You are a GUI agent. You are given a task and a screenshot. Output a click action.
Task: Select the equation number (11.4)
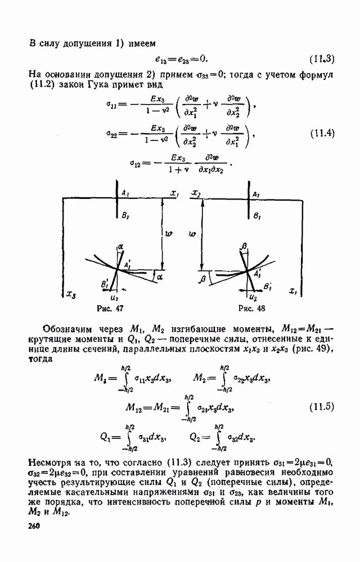(x=322, y=134)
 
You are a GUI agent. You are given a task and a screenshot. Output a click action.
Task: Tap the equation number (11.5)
(x=322, y=407)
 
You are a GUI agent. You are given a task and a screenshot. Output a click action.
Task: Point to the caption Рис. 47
(x=110, y=308)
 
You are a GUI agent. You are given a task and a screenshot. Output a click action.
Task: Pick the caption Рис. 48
(x=251, y=308)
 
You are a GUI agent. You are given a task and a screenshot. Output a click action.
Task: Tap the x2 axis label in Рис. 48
(x=196, y=193)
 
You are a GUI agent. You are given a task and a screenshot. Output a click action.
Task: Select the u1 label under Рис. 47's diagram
(x=115, y=298)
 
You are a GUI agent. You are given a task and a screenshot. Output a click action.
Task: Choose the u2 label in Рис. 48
(x=253, y=297)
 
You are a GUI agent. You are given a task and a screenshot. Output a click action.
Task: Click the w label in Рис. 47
(x=169, y=234)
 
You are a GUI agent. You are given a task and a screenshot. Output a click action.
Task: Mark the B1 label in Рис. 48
(x=256, y=216)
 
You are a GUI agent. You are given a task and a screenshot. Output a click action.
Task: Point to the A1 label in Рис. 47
(x=125, y=193)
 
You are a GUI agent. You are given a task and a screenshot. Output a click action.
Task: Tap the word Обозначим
(x=67, y=329)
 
